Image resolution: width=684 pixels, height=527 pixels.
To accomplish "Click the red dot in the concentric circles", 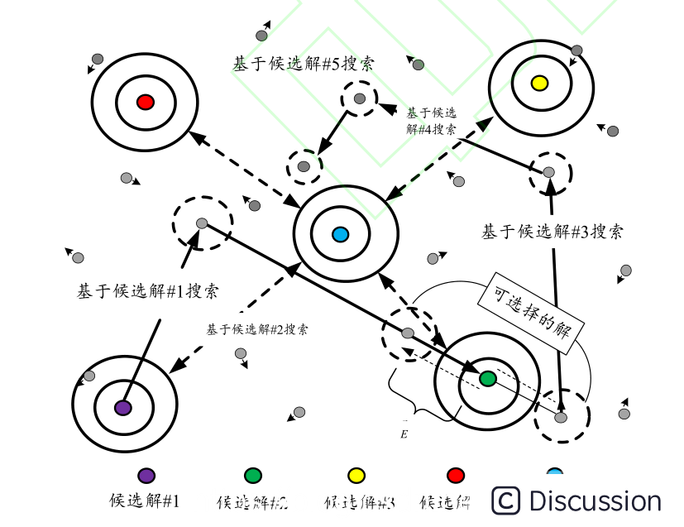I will tap(146, 102).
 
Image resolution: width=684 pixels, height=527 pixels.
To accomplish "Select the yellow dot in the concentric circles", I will tap(539, 83).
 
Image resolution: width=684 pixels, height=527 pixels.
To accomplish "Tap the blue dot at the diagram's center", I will tap(339, 235).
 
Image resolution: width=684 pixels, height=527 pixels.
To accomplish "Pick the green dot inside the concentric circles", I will tap(488, 379).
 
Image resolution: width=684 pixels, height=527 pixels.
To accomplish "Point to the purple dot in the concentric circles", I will tap(122, 407).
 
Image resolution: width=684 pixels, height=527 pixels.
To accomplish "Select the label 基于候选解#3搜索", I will tap(552, 232).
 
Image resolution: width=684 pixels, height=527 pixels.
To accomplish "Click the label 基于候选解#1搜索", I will tap(148, 291).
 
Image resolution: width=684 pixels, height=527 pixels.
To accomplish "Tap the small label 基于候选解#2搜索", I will tap(257, 329).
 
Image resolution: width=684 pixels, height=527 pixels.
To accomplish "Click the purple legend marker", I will tap(146, 475).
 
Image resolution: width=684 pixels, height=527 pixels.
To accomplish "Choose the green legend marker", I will tap(253, 475).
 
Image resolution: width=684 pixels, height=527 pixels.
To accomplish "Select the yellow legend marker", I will tap(356, 475).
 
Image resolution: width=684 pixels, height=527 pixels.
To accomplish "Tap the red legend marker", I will tap(455, 475).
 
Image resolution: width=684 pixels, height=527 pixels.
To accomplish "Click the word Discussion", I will tap(595, 501).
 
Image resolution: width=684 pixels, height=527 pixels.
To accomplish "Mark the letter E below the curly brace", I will tap(404, 433).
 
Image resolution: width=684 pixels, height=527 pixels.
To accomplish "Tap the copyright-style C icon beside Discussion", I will tap(506, 501).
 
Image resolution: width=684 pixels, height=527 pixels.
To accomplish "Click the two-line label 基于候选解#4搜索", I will tap(431, 121).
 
